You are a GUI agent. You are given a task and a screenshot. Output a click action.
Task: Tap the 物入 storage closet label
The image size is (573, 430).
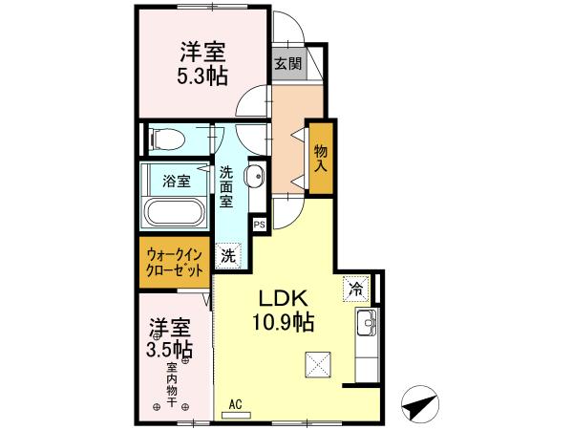(321, 159)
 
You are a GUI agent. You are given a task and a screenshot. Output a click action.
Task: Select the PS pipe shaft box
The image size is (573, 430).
(259, 226)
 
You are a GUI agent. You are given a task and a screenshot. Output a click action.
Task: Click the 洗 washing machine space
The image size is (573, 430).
(228, 254)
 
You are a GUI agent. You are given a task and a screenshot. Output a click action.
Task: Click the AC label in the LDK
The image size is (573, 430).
(235, 404)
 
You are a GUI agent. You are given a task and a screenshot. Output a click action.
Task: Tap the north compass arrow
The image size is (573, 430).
(416, 407)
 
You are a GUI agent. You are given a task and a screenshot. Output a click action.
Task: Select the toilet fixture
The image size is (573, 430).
(163, 140)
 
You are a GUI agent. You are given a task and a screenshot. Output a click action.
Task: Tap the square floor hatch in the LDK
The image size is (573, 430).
(317, 364)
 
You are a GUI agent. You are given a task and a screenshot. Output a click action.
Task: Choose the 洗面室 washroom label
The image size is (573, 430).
(227, 189)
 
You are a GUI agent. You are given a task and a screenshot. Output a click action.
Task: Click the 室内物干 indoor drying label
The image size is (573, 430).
(173, 384)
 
